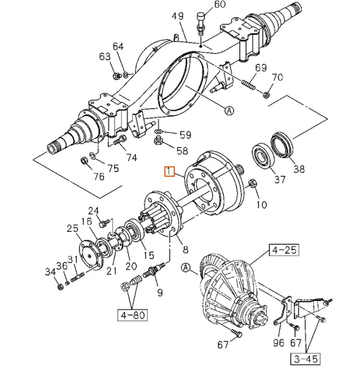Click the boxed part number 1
pos(169,172)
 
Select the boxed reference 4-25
pos(284,251)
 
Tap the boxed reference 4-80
pos(132,314)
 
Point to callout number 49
pos(178,16)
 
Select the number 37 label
pos(279,179)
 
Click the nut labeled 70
pos(266,95)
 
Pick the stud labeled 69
pos(249,83)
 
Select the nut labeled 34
pos(60,286)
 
